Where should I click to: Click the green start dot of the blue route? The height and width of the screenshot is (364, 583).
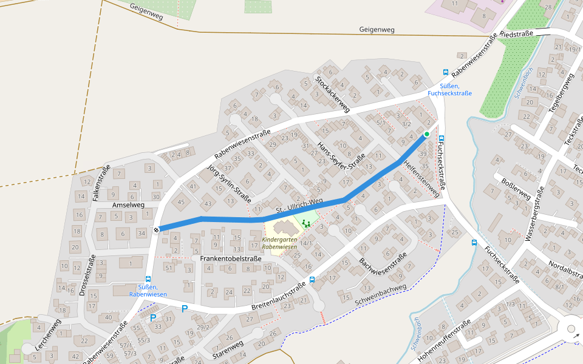[x=427, y=134]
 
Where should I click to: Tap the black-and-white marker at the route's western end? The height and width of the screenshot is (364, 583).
[x=157, y=229]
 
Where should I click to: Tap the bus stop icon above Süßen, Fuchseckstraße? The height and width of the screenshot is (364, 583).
[x=446, y=72]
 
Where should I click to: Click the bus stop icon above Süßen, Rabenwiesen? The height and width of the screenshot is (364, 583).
[x=148, y=279]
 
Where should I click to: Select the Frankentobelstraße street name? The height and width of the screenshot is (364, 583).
[x=231, y=258]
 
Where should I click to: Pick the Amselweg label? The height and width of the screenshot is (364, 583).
[x=128, y=206]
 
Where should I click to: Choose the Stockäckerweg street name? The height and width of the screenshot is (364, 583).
[x=332, y=94]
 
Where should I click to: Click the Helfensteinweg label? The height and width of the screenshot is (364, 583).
[x=420, y=178]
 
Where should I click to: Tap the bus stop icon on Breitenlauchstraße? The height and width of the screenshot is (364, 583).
[x=312, y=280]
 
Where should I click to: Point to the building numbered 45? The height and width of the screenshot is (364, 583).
[x=180, y=202]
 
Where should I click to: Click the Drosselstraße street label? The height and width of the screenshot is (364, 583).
[x=87, y=276]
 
